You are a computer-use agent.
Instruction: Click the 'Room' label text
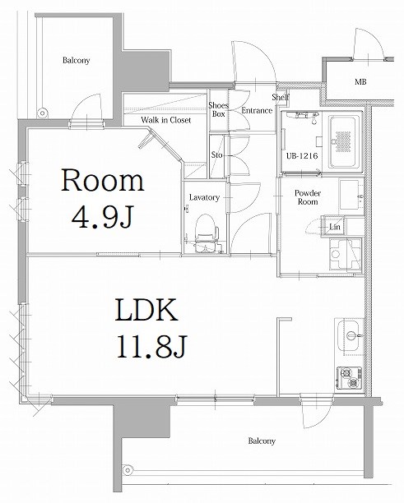tap(103, 180)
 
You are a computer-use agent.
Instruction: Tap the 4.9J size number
tap(103, 217)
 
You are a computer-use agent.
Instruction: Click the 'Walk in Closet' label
tap(165, 120)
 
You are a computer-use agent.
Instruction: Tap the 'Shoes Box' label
tap(218, 110)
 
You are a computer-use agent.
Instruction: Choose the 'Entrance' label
tap(257, 110)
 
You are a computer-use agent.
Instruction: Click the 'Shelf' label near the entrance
tap(281, 96)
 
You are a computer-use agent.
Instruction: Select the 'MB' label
tap(360, 82)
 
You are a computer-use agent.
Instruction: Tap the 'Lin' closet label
tap(335, 226)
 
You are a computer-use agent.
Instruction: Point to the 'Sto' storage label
tap(217, 155)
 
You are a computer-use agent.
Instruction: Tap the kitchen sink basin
tap(348, 335)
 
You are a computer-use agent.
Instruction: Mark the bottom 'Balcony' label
tap(262, 441)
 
